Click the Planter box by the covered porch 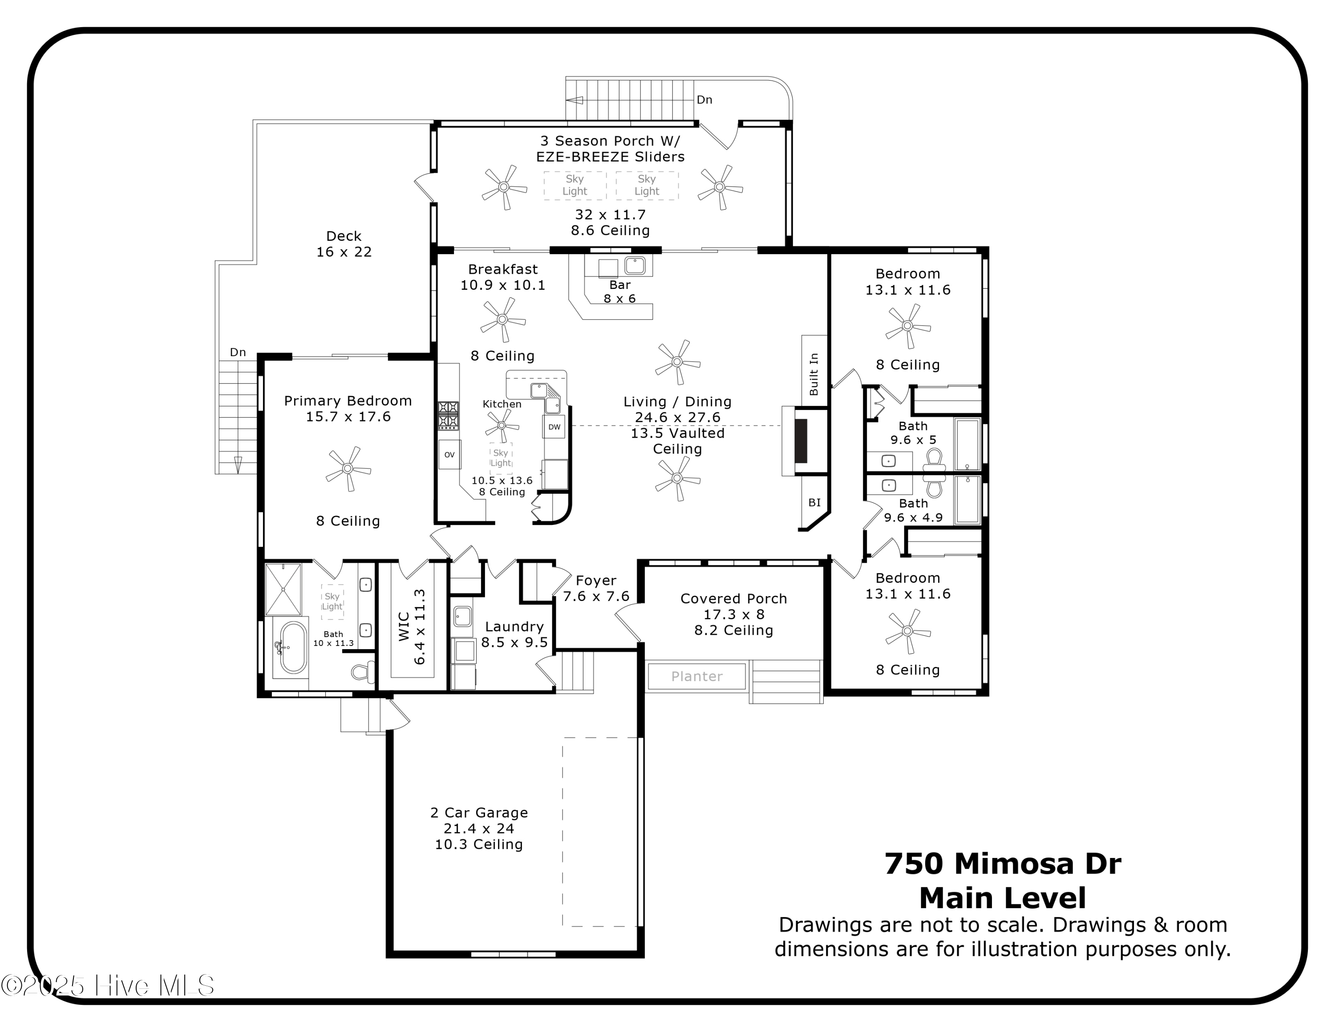tap(696, 676)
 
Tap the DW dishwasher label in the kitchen tap(554, 427)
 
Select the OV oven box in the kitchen tap(449, 454)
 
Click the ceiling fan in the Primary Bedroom tap(348, 469)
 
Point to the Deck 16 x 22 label tap(344, 244)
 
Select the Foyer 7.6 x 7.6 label tap(595, 588)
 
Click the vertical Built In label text tap(813, 374)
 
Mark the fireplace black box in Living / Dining tap(800, 441)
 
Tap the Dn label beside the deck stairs tap(238, 352)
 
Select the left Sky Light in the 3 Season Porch tap(574, 185)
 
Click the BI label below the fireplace tap(814, 503)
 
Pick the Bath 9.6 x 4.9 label tap(913, 510)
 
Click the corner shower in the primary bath tap(283, 589)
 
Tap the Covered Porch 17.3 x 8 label tap(733, 614)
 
